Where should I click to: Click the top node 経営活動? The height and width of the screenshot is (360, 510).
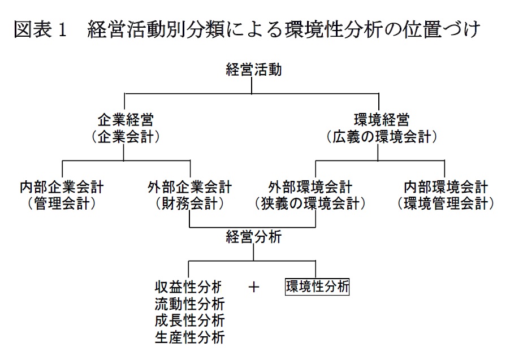tap(254, 70)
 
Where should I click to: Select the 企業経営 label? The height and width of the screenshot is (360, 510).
tap(126, 120)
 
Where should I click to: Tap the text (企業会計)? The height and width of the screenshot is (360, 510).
tap(126, 137)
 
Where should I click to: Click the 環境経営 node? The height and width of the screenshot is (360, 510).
tap(382, 120)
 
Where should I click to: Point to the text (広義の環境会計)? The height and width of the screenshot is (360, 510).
tap(382, 137)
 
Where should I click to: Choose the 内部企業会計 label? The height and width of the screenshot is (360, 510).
tap(62, 187)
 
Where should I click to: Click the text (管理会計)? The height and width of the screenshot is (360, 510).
tap(62, 204)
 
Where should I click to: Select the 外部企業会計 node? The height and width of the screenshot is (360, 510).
tap(189, 187)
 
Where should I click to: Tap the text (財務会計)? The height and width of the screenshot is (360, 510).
tap(189, 204)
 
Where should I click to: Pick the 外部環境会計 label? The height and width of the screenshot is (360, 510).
tap(310, 187)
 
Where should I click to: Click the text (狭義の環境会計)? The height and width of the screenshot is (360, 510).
tap(310, 204)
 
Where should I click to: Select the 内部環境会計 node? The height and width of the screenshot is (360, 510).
tap(446, 187)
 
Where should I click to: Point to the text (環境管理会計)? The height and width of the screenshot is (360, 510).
tap(446, 204)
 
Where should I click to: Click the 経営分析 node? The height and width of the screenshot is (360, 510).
tap(254, 237)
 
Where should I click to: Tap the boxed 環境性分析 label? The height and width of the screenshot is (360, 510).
tap(317, 287)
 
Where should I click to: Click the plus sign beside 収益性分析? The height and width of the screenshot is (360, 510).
tap(254, 287)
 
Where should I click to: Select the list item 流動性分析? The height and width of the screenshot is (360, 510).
tap(189, 304)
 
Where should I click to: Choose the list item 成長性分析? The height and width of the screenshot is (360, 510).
tap(189, 320)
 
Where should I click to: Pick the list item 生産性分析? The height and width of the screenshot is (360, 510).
tap(189, 337)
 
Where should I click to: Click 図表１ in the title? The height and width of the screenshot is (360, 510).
tap(41, 29)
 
